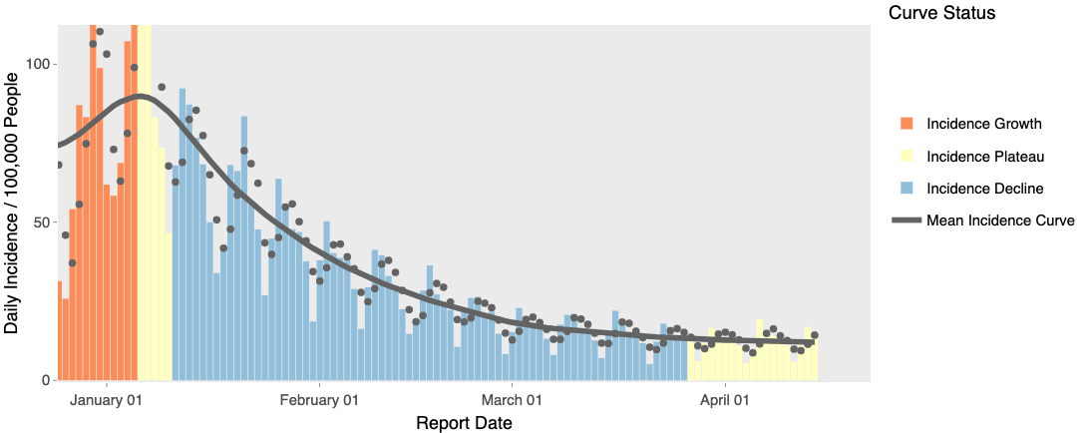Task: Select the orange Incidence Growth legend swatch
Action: [907, 124]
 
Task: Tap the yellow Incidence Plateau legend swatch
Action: [907, 156]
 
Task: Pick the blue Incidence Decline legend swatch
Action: [907, 188]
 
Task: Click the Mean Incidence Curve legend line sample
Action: [907, 220]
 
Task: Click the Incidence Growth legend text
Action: [984, 124]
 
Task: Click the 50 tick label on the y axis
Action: [43, 221]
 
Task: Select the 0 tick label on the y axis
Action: [47, 380]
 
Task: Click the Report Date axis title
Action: [464, 423]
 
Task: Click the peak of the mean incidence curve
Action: [141, 96]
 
